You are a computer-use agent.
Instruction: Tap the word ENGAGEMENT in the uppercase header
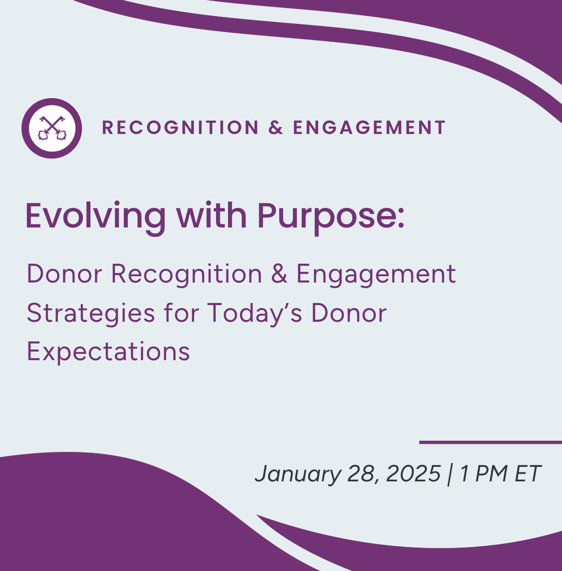click(x=369, y=128)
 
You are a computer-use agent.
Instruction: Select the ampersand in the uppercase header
click(x=276, y=128)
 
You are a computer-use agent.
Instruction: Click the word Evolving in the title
click(x=95, y=216)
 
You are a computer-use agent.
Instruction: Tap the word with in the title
click(x=211, y=216)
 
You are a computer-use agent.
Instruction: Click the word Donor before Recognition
click(x=64, y=274)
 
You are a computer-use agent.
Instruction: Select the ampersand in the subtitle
click(x=279, y=274)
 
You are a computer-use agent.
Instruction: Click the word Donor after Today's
click(x=348, y=313)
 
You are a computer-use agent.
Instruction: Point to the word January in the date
click(x=298, y=474)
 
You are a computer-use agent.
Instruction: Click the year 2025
click(x=413, y=473)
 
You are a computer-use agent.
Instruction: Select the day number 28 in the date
click(x=362, y=474)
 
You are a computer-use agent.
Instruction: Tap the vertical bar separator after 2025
click(x=449, y=474)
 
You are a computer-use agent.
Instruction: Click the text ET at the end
click(x=528, y=473)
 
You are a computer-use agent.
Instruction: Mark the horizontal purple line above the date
click(x=490, y=443)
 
